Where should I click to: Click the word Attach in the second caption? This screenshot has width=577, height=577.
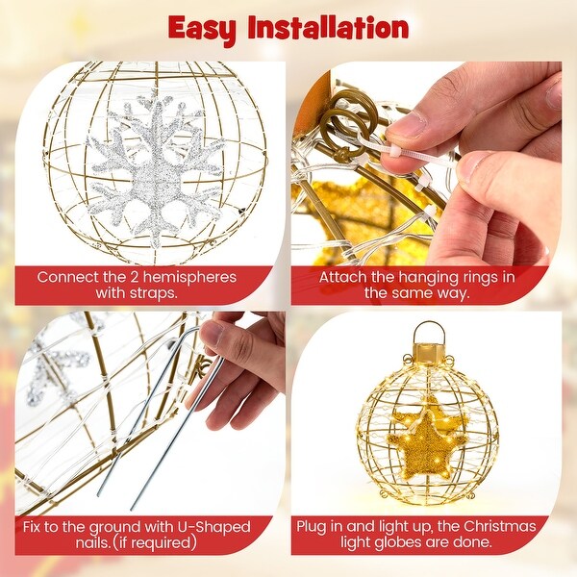click(343, 277)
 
